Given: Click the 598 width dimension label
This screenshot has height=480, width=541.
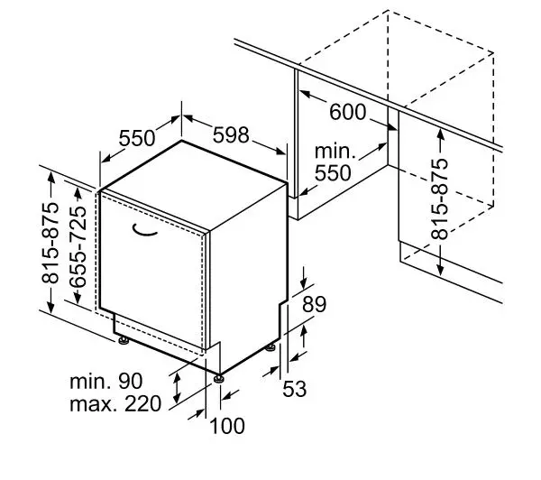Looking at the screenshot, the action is pyautogui.click(x=231, y=135).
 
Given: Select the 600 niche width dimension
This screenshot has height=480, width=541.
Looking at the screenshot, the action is pyautogui.click(x=347, y=112).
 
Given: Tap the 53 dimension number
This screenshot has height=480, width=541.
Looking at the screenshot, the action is pyautogui.click(x=294, y=389).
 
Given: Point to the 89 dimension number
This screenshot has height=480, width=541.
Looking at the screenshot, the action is pyautogui.click(x=314, y=304).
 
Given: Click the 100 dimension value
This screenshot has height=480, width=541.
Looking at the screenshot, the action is pyautogui.click(x=227, y=426).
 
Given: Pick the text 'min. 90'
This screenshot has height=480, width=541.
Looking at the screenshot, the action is pyautogui.click(x=105, y=382).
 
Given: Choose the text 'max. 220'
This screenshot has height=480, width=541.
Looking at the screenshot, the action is pyautogui.click(x=115, y=403).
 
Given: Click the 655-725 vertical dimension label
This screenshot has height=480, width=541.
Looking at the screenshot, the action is pyautogui.click(x=78, y=246).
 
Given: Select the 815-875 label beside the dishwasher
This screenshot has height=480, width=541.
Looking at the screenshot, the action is pyautogui.click(x=50, y=243).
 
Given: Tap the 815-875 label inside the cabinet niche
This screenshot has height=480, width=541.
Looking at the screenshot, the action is pyautogui.click(x=440, y=198).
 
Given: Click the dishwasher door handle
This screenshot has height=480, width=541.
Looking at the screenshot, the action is pyautogui.click(x=144, y=231).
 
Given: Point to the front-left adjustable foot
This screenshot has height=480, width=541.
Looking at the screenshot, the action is pyautogui.click(x=124, y=341).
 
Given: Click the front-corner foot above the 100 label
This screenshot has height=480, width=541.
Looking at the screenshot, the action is pyautogui.click(x=219, y=378).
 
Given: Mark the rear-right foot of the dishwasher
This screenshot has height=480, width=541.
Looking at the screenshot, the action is pyautogui.click(x=270, y=347).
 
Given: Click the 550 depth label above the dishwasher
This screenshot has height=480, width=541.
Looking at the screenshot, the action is pyautogui.click(x=137, y=138).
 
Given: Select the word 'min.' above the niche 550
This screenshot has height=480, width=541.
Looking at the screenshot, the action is pyautogui.click(x=335, y=152).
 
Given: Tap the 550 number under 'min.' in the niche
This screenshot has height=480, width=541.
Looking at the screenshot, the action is pyautogui.click(x=333, y=172).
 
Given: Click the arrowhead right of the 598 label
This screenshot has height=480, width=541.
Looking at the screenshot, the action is pyautogui.click(x=280, y=151).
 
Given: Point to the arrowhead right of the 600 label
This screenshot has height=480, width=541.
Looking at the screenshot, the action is pyautogui.click(x=391, y=127).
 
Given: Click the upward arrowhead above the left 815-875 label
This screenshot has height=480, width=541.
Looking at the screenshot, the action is pyautogui.click(x=51, y=177).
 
